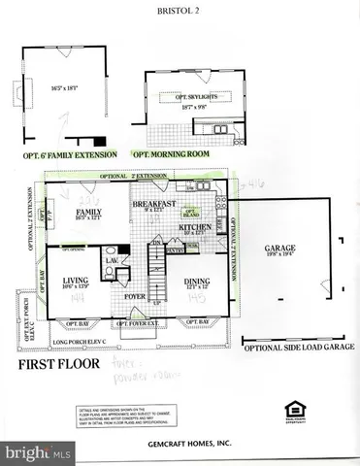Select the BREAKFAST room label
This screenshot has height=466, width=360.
(153, 204)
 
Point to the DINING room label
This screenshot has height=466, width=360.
(199, 281)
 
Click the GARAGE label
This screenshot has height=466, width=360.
(280, 249)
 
